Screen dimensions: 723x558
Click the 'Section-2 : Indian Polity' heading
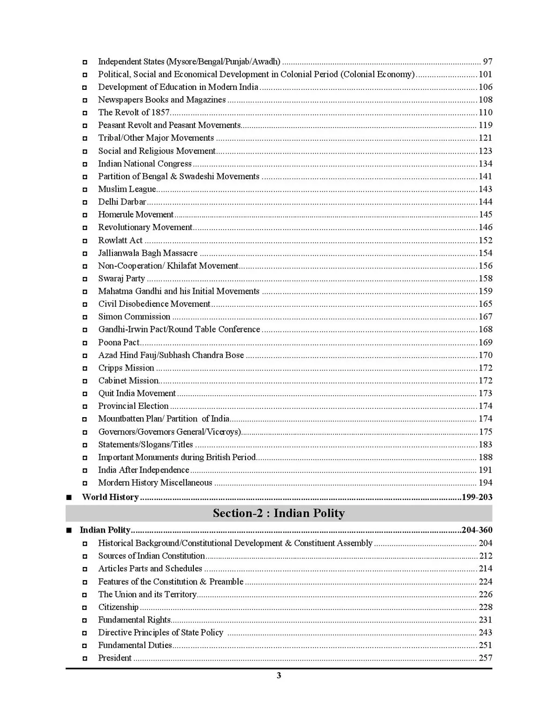(x=279, y=513)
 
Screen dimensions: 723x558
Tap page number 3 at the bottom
(x=279, y=676)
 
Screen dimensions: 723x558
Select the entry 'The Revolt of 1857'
(x=133, y=112)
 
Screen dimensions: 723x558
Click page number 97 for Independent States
(x=487, y=61)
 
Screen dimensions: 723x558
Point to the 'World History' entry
(x=110, y=497)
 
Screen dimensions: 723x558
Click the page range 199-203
(x=477, y=497)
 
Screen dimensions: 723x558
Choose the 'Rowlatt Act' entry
(x=120, y=240)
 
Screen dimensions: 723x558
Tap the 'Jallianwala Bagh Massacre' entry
(x=147, y=253)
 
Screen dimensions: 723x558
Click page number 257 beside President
(x=485, y=658)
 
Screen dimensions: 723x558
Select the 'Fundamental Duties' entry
(x=135, y=645)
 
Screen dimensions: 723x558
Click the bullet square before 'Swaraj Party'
(x=85, y=279)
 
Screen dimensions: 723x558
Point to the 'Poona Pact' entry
(x=119, y=342)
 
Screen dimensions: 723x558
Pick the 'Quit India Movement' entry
(x=137, y=393)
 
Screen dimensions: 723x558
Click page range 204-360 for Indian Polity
(x=477, y=530)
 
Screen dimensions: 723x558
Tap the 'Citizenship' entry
(x=118, y=607)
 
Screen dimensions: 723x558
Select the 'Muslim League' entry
(x=126, y=189)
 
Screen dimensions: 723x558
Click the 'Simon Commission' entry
(x=134, y=317)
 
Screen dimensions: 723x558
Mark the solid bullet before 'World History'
(x=69, y=497)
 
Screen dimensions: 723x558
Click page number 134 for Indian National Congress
(x=485, y=163)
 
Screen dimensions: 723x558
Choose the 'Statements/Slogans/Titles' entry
(x=145, y=445)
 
